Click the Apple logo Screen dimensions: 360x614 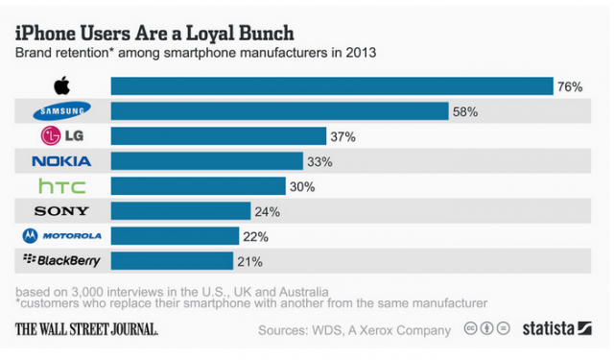coord(62,86)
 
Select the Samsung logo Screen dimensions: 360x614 coord(62,111)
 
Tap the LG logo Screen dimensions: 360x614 coord(62,136)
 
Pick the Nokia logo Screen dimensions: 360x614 coord(62,161)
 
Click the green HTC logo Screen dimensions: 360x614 coord(62,185)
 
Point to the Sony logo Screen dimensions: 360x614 coord(62,210)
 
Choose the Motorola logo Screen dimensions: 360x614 coord(62,235)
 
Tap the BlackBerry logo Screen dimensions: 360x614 coord(62,260)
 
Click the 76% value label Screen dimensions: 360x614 coord(570,87)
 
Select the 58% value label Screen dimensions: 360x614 coord(465,112)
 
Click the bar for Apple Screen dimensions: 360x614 coord(331,86)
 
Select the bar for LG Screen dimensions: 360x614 coord(219,136)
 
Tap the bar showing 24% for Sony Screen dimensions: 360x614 coord(180,210)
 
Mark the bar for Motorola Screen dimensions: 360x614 coord(175,235)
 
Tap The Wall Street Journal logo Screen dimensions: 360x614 coord(86,328)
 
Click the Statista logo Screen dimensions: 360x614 coord(556,328)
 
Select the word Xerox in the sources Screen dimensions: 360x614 coord(376,329)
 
